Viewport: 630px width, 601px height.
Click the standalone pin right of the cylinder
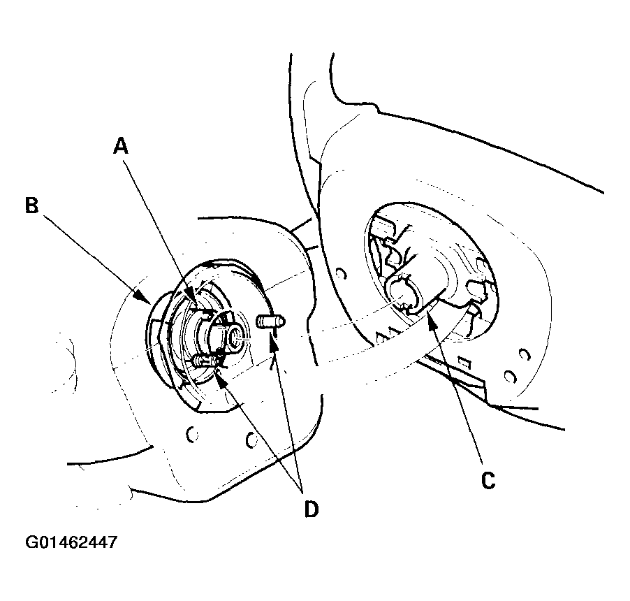[270, 321]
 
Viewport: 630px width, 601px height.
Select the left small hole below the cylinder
[189, 435]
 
